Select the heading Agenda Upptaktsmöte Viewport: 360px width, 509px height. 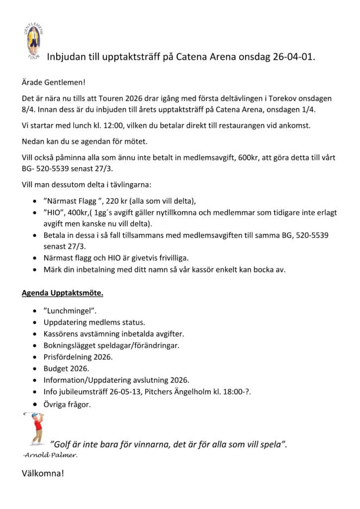[62, 293]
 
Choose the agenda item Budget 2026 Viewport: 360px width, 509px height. [66, 368]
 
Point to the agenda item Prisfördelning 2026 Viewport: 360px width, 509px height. [78, 357]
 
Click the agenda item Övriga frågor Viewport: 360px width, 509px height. [67, 405]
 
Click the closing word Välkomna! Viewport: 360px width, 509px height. [43, 473]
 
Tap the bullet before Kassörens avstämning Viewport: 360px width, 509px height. [33, 334]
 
